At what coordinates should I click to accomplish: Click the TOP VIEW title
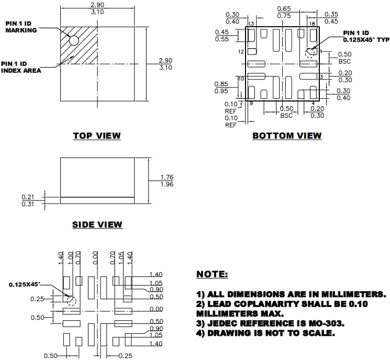pyautogui.click(x=97, y=136)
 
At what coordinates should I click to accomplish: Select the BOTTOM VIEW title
pyautogui.click(x=287, y=136)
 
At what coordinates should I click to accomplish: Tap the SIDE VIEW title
pyautogui.click(x=97, y=224)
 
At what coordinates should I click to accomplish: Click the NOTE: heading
pyautogui.click(x=212, y=274)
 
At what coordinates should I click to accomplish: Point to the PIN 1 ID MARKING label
pyautogui.click(x=21, y=27)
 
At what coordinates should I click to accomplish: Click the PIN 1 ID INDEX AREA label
pyautogui.click(x=21, y=67)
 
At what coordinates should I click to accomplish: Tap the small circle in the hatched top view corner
pyautogui.click(x=74, y=40)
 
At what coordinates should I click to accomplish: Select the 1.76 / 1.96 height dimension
pyautogui.click(x=167, y=181)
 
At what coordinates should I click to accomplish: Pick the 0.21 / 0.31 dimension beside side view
pyautogui.click(x=28, y=200)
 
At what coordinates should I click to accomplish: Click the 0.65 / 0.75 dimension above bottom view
pyautogui.click(x=284, y=13)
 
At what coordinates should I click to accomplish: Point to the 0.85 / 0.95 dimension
pyautogui.click(x=221, y=87)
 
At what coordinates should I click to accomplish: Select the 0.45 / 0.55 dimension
pyautogui.click(x=222, y=36)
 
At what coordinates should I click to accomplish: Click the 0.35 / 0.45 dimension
pyautogui.click(x=331, y=18)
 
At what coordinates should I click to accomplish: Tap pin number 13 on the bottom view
pyautogui.click(x=251, y=24)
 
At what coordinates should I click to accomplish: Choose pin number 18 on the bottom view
pyautogui.click(x=312, y=24)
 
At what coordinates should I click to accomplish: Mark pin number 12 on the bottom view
pyautogui.click(x=241, y=52)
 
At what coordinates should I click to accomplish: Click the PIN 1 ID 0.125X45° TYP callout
pyautogui.click(x=364, y=36)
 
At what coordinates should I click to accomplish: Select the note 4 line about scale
pyautogui.click(x=265, y=333)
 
